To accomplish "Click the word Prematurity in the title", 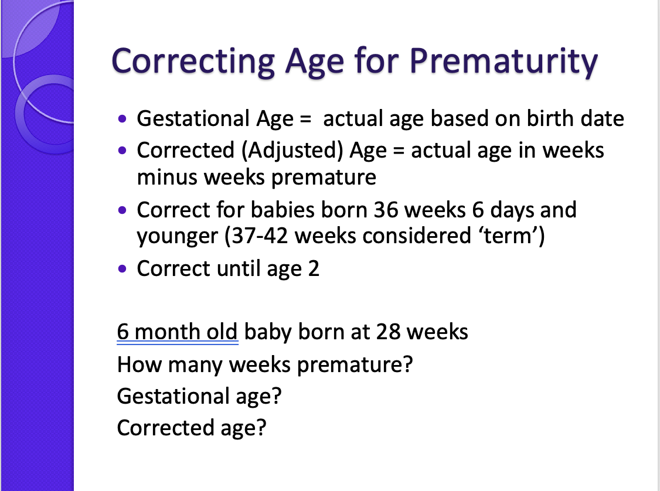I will [503, 62].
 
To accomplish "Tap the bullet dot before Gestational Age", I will [122, 119].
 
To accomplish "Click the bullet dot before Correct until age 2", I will [122, 269].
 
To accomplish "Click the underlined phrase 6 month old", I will [177, 332].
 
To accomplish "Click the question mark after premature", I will [408, 364].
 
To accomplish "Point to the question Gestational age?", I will [199, 396].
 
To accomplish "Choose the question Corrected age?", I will [192, 428].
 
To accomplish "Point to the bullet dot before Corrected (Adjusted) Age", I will [122, 151].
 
